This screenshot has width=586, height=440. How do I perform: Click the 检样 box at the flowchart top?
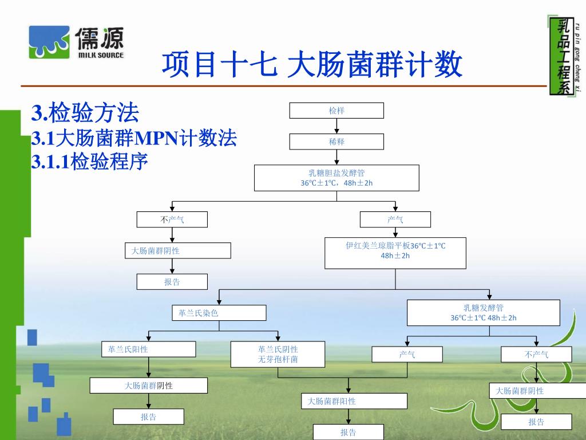(x=336, y=111)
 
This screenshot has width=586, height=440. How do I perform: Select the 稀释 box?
(x=336, y=142)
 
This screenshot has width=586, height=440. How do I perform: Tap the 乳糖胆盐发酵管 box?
(x=336, y=178)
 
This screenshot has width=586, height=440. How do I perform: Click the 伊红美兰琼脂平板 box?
(x=395, y=253)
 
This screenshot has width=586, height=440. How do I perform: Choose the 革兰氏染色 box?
(x=219, y=313)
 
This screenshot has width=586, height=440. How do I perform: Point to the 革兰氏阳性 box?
(x=149, y=349)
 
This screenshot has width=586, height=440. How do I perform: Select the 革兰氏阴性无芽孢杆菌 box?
(x=278, y=354)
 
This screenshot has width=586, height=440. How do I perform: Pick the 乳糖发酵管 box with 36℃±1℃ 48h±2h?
(x=483, y=313)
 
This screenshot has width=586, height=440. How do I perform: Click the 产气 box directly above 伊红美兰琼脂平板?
(x=395, y=219)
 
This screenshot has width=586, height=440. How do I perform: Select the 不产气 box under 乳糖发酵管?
(x=536, y=355)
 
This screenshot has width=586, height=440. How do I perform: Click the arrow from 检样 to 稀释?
(x=336, y=126)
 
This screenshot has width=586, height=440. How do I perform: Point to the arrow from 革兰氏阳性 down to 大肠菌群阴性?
(x=149, y=368)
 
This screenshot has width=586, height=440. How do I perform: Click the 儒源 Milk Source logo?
(x=76, y=42)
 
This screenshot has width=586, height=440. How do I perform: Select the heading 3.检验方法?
(x=85, y=113)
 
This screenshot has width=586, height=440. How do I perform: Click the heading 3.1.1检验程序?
(x=89, y=163)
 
